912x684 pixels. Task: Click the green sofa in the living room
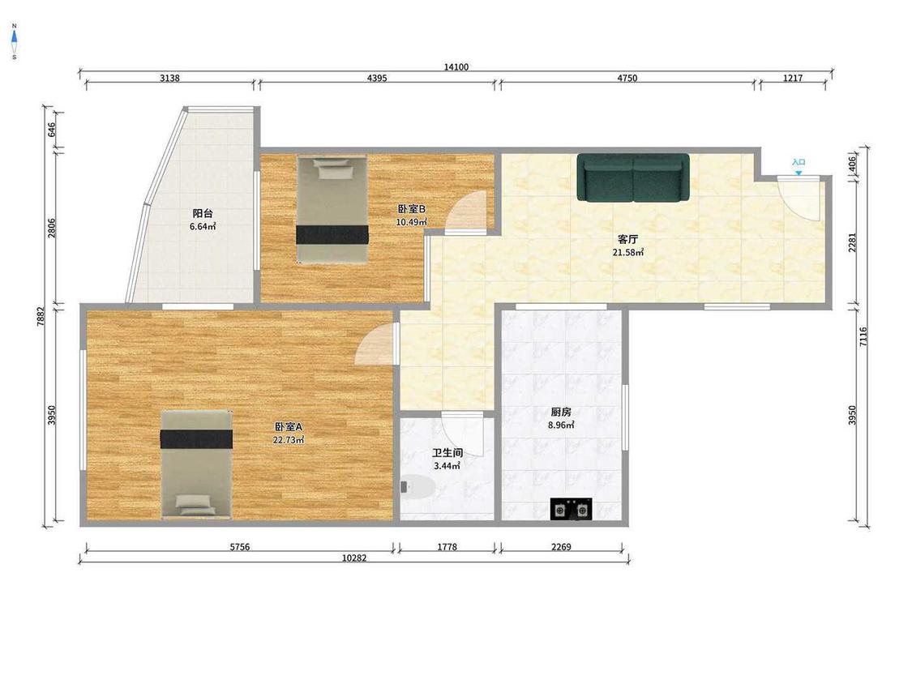[633, 177]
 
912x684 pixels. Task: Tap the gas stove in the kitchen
[571, 509]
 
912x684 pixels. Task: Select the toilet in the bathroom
[417, 487]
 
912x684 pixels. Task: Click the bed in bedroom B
[332, 209]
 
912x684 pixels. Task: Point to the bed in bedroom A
[197, 464]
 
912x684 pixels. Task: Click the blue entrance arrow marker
[799, 173]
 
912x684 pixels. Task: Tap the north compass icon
[14, 41]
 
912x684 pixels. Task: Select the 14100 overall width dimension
[456, 67]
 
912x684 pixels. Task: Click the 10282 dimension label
[354, 558]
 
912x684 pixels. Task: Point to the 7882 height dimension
[41, 316]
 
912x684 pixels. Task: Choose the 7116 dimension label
[863, 337]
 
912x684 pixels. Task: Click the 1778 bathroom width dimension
[447, 547]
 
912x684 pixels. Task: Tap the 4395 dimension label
[377, 78]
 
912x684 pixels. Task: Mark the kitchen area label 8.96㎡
[561, 425]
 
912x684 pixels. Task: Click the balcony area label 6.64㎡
[203, 226]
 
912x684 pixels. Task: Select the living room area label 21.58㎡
[627, 252]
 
